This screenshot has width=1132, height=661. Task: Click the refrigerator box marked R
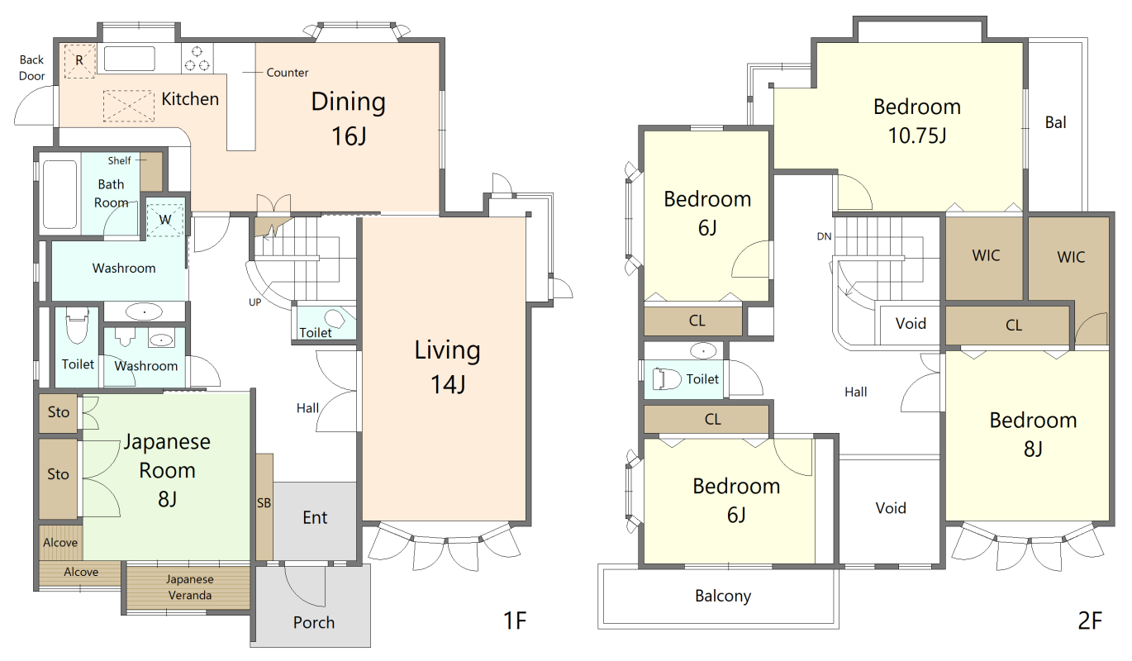coord(79,61)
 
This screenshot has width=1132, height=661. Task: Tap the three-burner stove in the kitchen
coord(197,59)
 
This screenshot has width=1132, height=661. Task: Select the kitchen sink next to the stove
coord(130,59)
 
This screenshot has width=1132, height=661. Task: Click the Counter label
coord(287,73)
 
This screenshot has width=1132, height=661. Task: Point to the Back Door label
coord(32,68)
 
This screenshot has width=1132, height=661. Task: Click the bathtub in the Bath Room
coord(59,194)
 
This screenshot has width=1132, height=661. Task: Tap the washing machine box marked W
coord(165,219)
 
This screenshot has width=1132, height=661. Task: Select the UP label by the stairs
coord(254,302)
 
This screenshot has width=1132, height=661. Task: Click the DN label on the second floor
coord(824,236)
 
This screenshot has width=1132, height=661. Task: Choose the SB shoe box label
coord(264,503)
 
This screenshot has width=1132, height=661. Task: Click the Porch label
coord(314,622)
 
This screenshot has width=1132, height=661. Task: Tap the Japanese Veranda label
coord(190,587)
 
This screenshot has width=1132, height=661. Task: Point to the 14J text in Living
coord(448,384)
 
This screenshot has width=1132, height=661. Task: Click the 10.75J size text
coord(916,136)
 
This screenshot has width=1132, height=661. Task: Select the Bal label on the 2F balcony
coord(1056,122)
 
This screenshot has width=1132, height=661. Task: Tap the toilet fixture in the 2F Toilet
coord(667,379)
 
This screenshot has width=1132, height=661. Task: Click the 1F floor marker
coord(515,620)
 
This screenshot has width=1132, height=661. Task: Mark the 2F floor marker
coord(1090,620)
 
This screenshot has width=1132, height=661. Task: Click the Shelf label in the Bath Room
coord(119,160)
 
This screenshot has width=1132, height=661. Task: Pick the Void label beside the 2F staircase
coord(911,323)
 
